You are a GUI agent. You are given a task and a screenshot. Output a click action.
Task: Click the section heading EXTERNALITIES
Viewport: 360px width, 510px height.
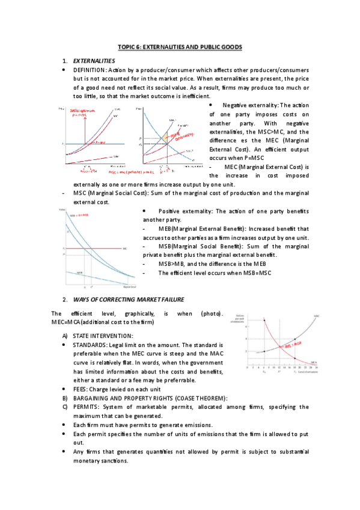[x=93, y=61]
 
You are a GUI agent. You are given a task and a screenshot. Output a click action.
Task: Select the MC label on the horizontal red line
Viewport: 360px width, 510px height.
[x=125, y=248]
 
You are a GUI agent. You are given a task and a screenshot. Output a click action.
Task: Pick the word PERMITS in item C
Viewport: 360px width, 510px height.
[x=89, y=407]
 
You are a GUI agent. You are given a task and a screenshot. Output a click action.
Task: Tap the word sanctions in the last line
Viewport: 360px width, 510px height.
[x=111, y=461]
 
